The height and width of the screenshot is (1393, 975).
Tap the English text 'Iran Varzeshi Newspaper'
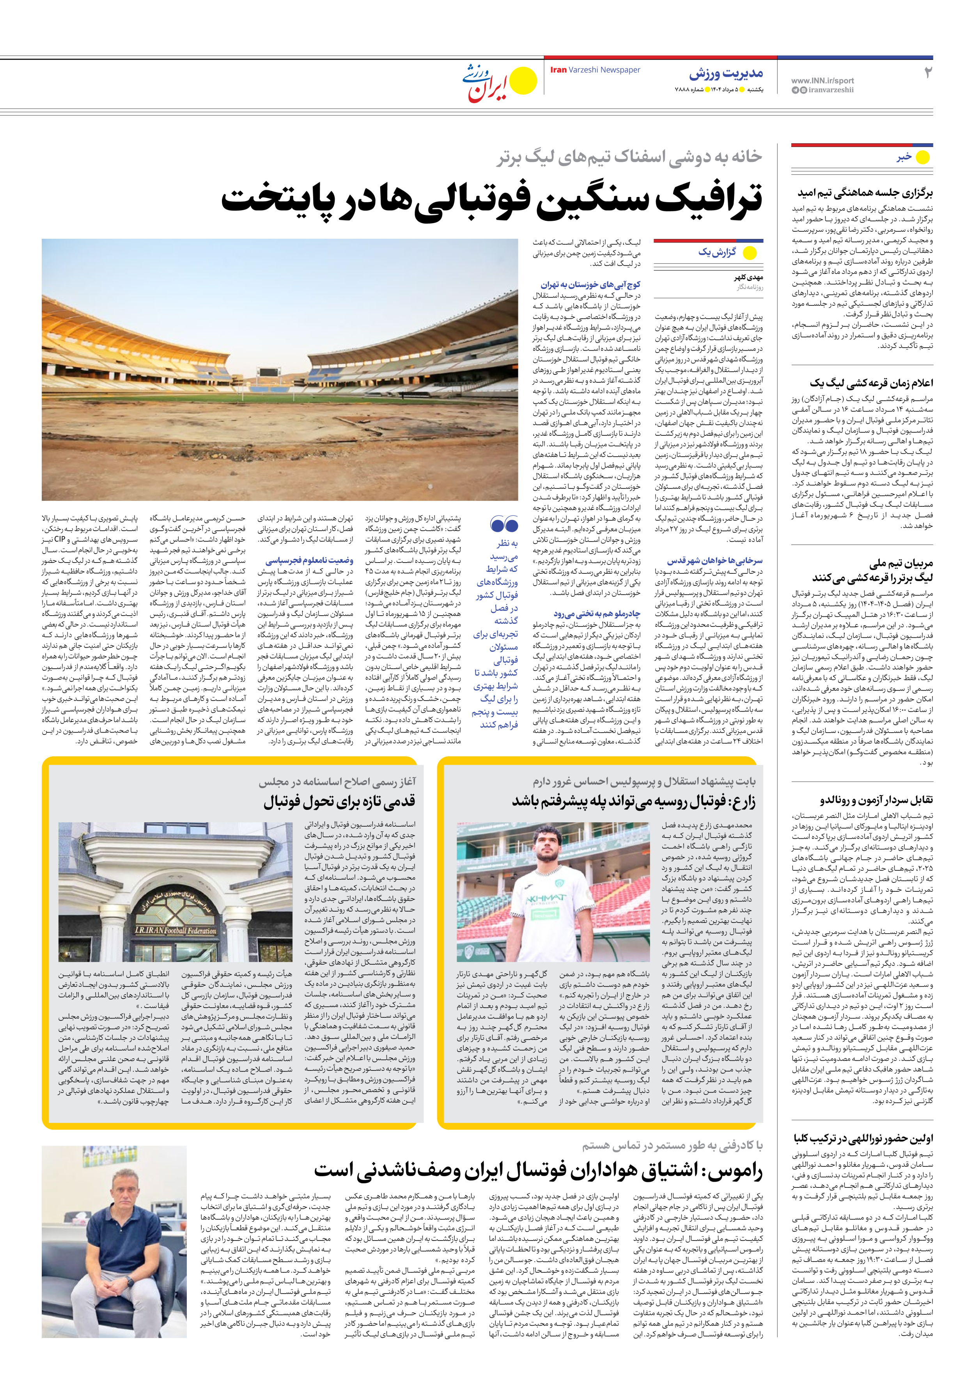pos(595,70)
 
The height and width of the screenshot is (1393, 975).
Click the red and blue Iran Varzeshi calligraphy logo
pos(486,83)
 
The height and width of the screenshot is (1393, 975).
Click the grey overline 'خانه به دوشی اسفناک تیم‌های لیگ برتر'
pos(629,157)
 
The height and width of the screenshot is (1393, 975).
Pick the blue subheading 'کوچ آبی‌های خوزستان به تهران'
pos(590,284)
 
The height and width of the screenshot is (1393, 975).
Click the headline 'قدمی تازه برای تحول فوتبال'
pos(339,802)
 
